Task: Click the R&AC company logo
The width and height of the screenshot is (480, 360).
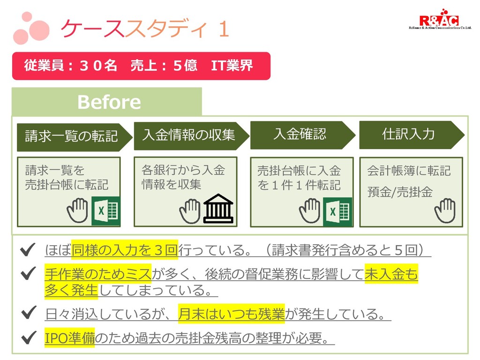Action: pyautogui.click(x=439, y=21)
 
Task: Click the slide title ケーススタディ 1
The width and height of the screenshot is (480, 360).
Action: pyautogui.click(x=145, y=29)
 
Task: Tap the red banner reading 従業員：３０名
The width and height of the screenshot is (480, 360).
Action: pyautogui.click(x=141, y=66)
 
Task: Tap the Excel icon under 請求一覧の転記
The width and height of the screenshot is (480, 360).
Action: pyautogui.click(x=106, y=211)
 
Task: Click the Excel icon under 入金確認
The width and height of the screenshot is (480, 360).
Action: pyautogui.click(x=337, y=212)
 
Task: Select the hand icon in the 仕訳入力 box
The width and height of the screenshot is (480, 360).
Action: pyautogui.click(x=444, y=210)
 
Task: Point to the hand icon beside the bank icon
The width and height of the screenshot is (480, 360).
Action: pyautogui.click(x=190, y=210)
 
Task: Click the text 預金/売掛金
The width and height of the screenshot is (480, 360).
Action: pyautogui.click(x=399, y=192)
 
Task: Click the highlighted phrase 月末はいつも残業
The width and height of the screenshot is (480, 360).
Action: pyautogui.click(x=231, y=314)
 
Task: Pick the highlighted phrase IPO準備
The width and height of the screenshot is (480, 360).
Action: pyautogui.click(x=69, y=338)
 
